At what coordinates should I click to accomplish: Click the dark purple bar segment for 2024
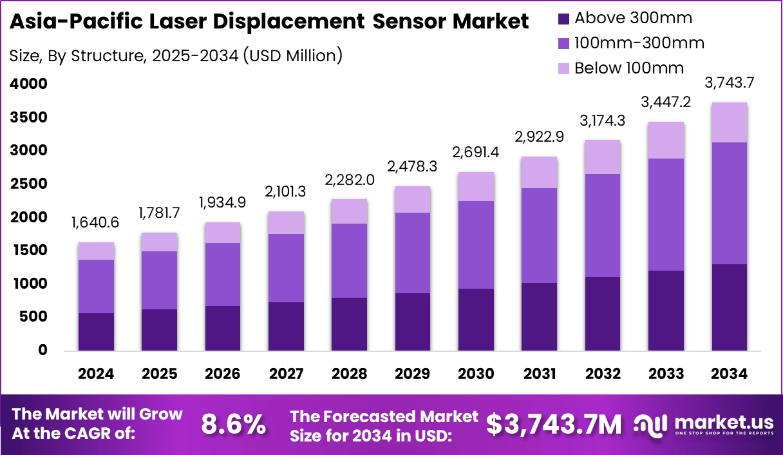96,331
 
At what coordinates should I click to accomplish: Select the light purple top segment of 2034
730,122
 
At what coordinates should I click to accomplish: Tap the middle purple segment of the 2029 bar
413,253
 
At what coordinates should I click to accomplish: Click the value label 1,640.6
96,222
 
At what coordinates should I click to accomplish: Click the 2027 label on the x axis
286,374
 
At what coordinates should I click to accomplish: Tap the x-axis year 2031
540,374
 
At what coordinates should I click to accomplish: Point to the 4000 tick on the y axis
28,84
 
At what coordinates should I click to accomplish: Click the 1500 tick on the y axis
28,251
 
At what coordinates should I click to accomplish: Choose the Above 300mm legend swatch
563,19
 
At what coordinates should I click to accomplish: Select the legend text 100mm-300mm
639,43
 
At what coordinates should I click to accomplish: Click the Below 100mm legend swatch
563,68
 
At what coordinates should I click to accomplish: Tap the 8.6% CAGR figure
234,424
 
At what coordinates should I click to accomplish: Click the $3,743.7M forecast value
554,424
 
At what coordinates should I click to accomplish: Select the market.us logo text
723,422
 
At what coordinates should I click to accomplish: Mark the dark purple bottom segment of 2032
603,313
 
